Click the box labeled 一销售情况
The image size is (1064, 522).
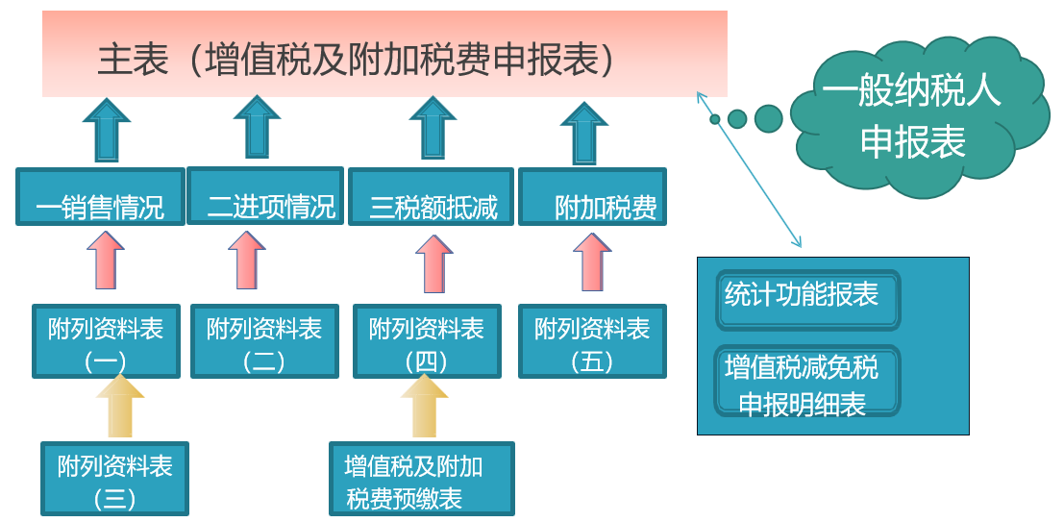tap(100, 197)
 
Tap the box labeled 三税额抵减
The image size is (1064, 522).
tap(431, 197)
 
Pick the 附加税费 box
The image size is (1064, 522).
tap(592, 197)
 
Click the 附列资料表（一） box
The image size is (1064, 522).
tap(106, 340)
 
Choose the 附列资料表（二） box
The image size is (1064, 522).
tap(264, 340)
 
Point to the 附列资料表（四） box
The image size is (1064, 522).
tap(427, 340)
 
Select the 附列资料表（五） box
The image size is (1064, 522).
tap(592, 340)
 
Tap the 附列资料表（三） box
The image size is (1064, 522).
tap(114, 479)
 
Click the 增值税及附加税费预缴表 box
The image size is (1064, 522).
tap(421, 479)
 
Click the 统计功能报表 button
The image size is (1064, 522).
tap(808, 300)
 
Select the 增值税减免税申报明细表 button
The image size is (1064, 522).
tap(807, 381)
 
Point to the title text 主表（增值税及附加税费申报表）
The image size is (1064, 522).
tap(357, 60)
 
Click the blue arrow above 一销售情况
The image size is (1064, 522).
tap(107, 130)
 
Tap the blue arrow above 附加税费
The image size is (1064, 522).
tap(584, 133)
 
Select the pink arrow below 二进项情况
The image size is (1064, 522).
tap(247, 260)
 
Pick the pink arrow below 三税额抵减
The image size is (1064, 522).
tap(434, 263)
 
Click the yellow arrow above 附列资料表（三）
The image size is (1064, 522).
tap(120, 406)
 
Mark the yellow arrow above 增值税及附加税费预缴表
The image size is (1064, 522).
tap(425, 406)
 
